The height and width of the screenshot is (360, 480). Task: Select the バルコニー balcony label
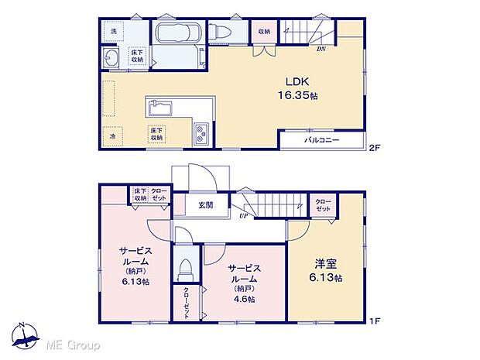[322, 141]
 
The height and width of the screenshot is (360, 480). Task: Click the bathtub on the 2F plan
[177, 35]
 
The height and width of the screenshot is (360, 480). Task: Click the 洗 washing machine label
[113, 31]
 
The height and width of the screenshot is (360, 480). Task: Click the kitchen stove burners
[201, 135]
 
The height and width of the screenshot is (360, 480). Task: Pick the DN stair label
[321, 49]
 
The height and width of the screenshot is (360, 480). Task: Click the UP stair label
[243, 217]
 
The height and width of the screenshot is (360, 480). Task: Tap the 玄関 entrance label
[206, 205]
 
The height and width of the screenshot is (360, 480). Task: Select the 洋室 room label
[324, 264]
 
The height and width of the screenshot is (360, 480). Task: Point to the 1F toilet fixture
[186, 269]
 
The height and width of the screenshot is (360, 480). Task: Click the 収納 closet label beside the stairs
[264, 32]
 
